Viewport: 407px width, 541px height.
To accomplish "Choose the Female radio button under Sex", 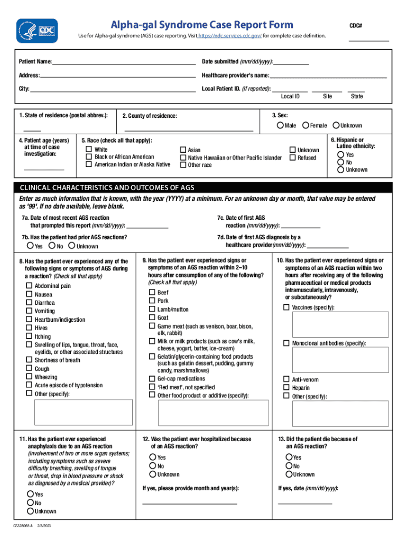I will tap(306, 125).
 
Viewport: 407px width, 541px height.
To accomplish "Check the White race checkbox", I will tap(89, 150).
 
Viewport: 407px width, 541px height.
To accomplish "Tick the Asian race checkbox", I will tap(183, 150).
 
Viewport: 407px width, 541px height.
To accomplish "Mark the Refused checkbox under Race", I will tap(293, 157).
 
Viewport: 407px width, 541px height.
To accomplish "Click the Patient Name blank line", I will tap(124, 62).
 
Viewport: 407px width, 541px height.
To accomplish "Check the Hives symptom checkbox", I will tap(30, 328).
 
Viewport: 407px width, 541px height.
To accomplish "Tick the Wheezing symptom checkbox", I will tap(30, 377).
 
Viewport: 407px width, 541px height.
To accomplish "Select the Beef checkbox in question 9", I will tap(152, 292).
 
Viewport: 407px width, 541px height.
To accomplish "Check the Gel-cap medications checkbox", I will tap(152, 379).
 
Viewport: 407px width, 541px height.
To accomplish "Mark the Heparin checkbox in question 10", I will tap(286, 388).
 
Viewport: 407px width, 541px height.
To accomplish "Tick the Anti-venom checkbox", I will tap(286, 379).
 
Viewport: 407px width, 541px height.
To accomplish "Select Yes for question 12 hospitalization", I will tap(153, 458).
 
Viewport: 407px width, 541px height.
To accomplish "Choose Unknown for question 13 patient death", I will tap(289, 474).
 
